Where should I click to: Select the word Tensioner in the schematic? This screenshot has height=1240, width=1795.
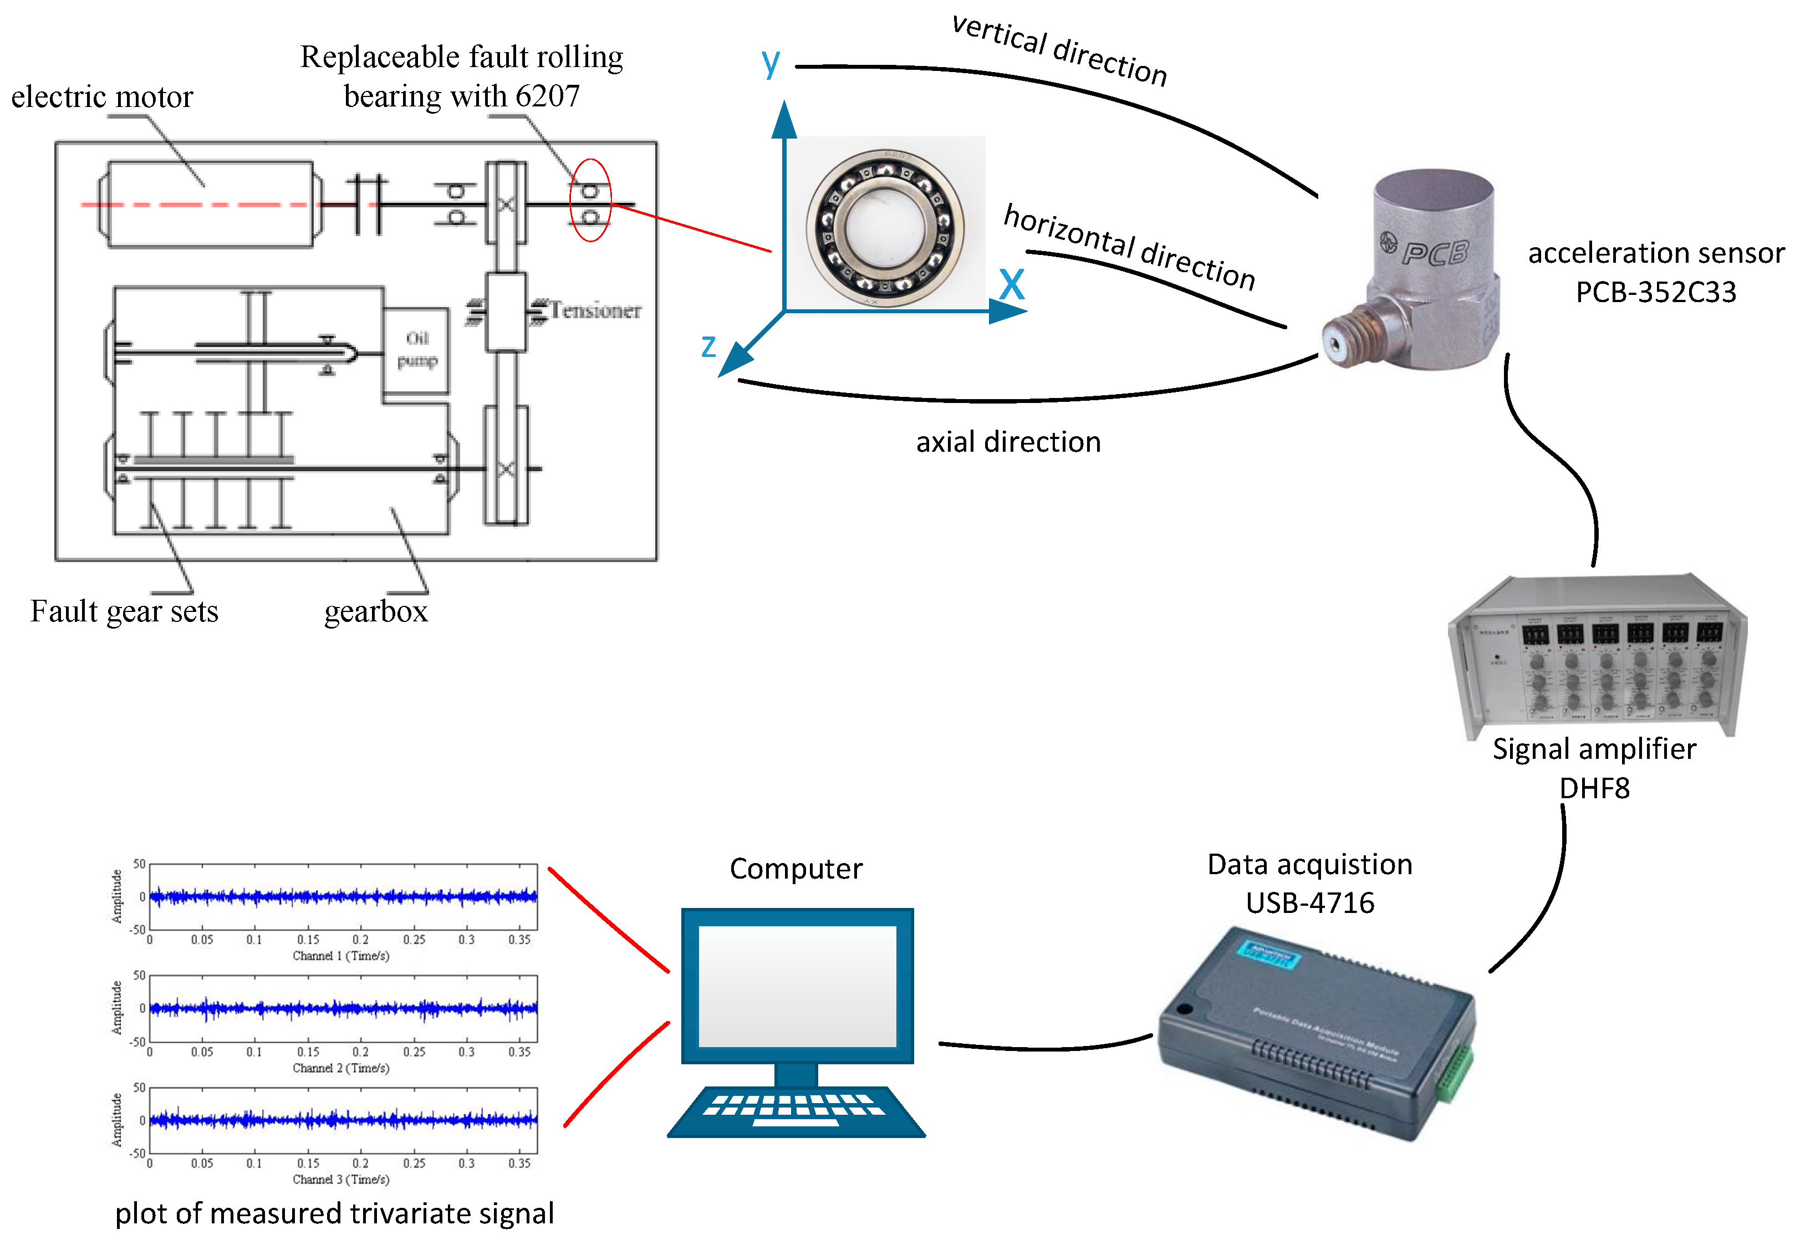point(595,311)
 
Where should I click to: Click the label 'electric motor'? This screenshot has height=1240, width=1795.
point(102,97)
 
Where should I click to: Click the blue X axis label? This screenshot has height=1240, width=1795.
point(1011,284)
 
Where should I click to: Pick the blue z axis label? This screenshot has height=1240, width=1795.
point(707,346)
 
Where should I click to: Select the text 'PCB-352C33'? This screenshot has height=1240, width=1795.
point(1655,292)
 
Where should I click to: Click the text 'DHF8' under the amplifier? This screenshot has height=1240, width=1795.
point(1594,789)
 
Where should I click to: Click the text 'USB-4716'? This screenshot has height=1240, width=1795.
point(1309,903)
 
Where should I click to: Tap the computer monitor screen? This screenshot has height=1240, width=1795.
point(797,985)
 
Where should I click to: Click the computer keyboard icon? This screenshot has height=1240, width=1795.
point(795,1110)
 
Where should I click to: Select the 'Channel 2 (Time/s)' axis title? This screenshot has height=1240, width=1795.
point(340,1068)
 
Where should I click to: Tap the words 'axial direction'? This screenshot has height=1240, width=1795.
point(1008,442)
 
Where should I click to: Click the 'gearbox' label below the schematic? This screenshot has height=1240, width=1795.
point(375,612)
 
